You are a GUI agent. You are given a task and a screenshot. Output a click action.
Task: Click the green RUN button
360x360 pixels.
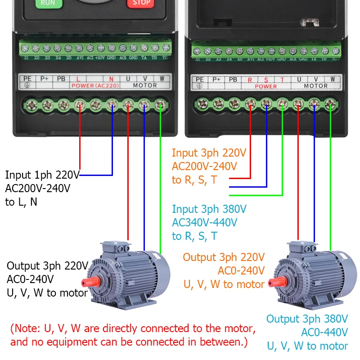[48, 3]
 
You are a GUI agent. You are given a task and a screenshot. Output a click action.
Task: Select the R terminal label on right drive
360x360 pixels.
[250, 80]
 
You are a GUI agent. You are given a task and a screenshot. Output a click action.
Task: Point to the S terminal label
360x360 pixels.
[266, 80]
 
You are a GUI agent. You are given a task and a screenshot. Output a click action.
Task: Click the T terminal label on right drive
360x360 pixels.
[282, 80]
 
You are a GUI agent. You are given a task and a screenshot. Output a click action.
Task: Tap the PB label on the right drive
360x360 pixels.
[233, 80]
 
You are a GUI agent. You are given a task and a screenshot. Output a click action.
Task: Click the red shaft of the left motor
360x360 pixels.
[85, 283]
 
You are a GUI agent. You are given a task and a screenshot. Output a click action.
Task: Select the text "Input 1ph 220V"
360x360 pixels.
[42, 175]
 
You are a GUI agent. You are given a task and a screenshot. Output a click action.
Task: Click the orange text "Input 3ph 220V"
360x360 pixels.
[209, 153]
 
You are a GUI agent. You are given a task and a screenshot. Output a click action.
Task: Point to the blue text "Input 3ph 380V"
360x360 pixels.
[209, 209]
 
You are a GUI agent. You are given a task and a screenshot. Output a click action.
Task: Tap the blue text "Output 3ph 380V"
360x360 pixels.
[307, 319]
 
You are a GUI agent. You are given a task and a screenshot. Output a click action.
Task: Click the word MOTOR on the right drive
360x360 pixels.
[316, 86]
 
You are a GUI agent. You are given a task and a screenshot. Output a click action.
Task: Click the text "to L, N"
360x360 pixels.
[21, 202]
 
